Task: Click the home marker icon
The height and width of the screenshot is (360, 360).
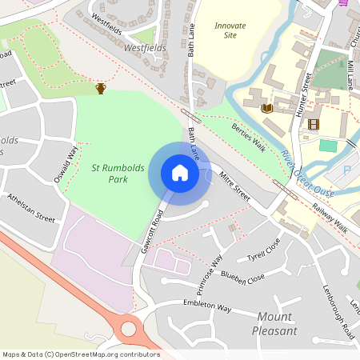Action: coord(180,173)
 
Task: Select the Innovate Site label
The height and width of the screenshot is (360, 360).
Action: coord(230,30)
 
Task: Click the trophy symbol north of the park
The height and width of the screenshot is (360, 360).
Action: coord(101,88)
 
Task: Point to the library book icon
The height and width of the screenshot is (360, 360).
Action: coord(267,107)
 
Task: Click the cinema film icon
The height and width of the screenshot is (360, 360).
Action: coord(313,124)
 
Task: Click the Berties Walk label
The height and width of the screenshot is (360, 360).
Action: coord(247,138)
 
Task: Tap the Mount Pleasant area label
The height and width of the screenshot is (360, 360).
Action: coord(274,323)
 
